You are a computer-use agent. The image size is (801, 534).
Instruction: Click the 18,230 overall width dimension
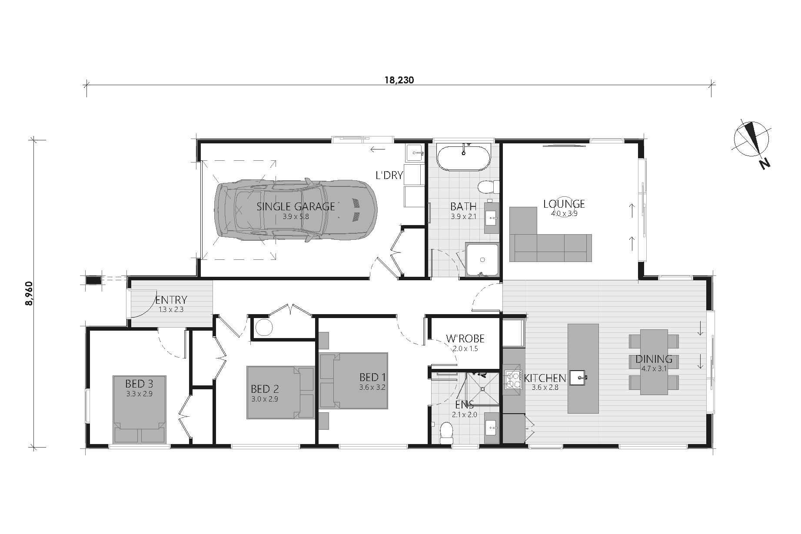399,80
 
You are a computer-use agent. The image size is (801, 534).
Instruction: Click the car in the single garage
296,209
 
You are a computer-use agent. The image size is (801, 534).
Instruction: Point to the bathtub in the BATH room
463,158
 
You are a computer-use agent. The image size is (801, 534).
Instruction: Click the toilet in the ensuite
446,432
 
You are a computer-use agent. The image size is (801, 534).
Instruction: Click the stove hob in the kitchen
513,379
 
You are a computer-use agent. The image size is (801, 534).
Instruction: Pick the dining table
654,362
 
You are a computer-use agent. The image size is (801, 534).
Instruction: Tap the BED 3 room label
139,384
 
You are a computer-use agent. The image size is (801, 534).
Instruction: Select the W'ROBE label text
465,338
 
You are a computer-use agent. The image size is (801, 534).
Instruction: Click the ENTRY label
171,300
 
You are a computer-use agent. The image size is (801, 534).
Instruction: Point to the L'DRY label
389,176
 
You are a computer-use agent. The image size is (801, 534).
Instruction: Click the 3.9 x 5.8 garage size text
296,216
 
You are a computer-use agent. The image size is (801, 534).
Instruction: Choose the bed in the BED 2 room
280,392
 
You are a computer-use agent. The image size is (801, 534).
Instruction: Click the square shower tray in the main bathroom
482,259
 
